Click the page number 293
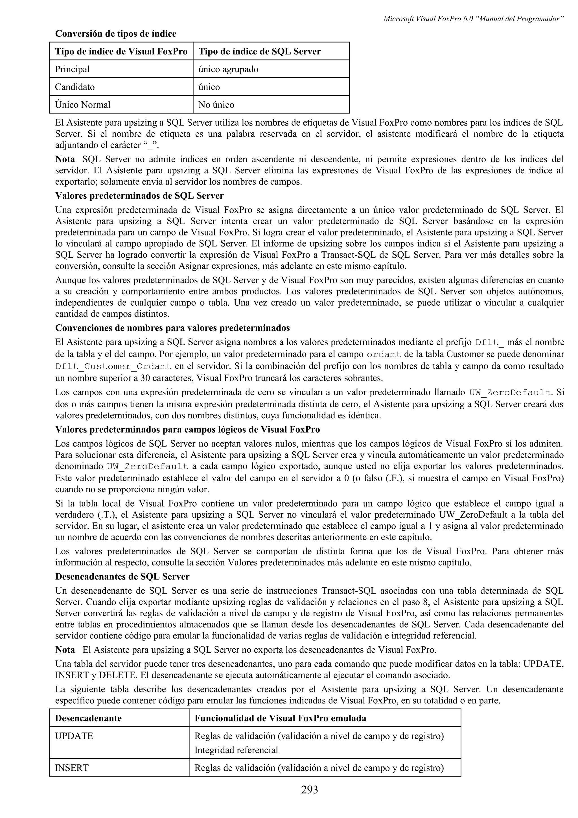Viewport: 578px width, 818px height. coord(309,789)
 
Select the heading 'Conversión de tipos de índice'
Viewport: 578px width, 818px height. coord(116,34)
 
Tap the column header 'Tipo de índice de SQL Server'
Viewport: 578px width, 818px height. coord(260,52)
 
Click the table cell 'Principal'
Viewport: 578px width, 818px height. coord(72,69)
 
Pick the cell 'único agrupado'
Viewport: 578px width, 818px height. coord(228,69)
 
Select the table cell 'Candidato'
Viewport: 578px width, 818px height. coord(75,87)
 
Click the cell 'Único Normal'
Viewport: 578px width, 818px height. coord(83,105)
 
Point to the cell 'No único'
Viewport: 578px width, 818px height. coord(216,105)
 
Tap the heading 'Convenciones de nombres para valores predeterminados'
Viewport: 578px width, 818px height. coord(172,327)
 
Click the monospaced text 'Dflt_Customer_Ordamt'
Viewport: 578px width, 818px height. coord(113,366)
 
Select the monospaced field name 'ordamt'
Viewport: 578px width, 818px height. coord(384,355)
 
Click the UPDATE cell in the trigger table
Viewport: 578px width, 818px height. coord(74,736)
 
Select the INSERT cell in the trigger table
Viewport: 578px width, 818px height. coord(72,767)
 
